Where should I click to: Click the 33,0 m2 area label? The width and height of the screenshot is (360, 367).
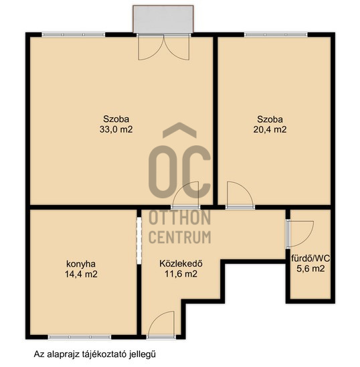pyautogui.click(x=116, y=129)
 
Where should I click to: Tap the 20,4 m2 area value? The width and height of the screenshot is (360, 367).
pyautogui.click(x=270, y=129)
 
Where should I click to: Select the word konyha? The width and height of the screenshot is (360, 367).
pyautogui.click(x=81, y=265)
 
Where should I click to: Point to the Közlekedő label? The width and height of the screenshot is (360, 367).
pyautogui.click(x=181, y=264)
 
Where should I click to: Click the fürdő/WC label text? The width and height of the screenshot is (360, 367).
pyautogui.click(x=310, y=259)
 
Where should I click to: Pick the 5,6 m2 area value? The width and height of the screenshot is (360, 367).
pyautogui.click(x=310, y=269)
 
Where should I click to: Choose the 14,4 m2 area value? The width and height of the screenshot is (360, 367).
pyautogui.click(x=81, y=274)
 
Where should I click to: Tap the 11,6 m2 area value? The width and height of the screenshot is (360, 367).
pyautogui.click(x=181, y=274)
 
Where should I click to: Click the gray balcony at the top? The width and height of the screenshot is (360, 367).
pyautogui.click(x=163, y=19)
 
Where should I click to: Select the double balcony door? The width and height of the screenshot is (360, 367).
pyautogui.click(x=164, y=47)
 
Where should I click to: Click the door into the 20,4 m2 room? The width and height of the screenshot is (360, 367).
pyautogui.click(x=240, y=195)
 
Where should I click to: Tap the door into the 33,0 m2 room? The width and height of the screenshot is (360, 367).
pyautogui.click(x=185, y=195)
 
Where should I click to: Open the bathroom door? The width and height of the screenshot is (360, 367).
pyautogui.click(x=300, y=234)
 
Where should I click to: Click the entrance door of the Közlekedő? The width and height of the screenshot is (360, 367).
pyautogui.click(x=161, y=325)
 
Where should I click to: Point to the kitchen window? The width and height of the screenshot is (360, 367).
pyautogui.click(x=80, y=338)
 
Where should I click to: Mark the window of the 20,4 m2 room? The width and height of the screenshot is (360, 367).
pyautogui.click(x=276, y=35)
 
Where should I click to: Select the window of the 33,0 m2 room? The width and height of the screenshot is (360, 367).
pyautogui.click(x=74, y=35)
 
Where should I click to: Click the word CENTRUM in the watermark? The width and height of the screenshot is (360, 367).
pyautogui.click(x=180, y=237)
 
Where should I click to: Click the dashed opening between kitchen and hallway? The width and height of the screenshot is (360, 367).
pyautogui.click(x=139, y=240)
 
